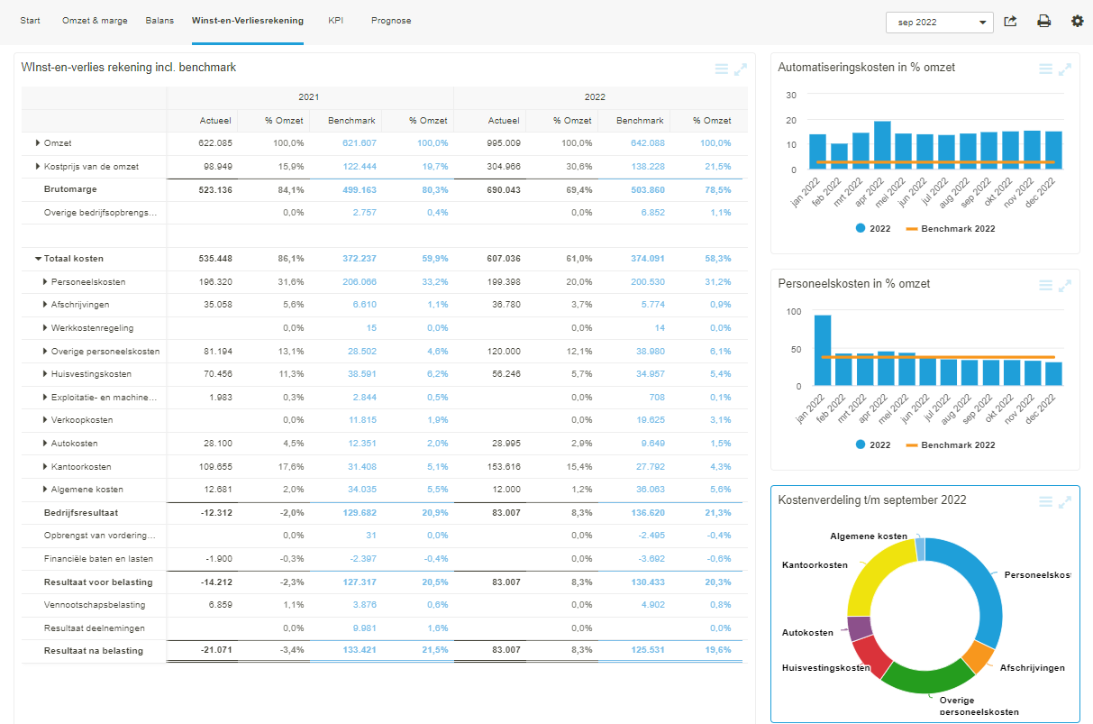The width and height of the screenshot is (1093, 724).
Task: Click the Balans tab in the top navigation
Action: coord(159,20)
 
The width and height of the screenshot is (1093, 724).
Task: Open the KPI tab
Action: coord(335,20)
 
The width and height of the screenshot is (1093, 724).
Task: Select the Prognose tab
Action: coord(391,20)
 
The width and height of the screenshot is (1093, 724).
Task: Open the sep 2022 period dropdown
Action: coord(939,23)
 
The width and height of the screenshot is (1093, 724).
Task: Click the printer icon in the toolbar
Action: coord(1043,21)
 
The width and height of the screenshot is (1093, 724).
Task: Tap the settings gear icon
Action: coord(1077,21)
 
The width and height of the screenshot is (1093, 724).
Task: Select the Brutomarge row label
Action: coord(70,189)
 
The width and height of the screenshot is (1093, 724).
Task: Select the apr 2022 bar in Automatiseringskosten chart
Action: coord(882,145)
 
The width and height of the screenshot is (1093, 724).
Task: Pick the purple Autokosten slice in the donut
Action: coord(859,628)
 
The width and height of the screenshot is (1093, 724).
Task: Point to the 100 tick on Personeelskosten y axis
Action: coord(793,312)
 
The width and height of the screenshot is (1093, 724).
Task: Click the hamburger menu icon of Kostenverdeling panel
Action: coord(1045,502)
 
